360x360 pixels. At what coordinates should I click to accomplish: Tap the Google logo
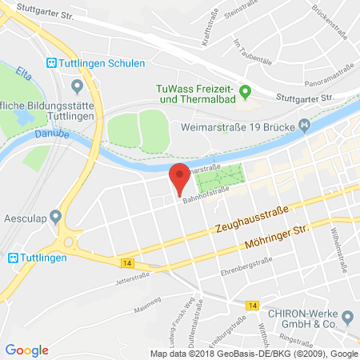(26, 350)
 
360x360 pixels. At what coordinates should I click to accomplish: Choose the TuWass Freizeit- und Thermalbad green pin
(246, 92)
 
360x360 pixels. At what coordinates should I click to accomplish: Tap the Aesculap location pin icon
(55, 216)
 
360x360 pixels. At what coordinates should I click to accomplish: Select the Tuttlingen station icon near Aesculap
(13, 257)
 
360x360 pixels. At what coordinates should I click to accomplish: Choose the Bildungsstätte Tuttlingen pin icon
(77, 86)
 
